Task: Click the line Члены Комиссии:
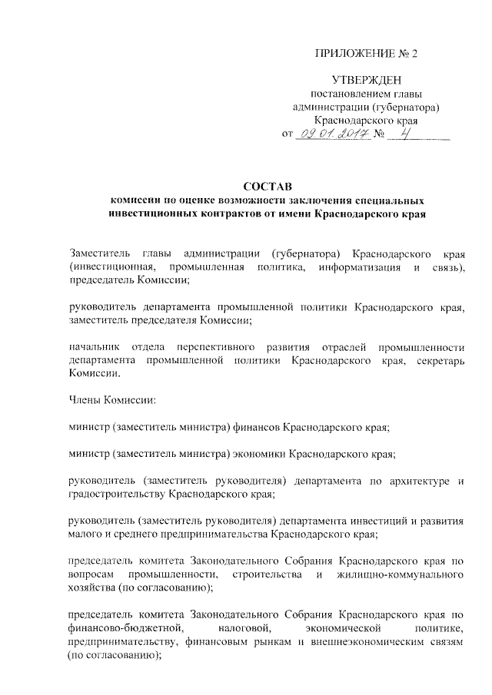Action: pyautogui.click(x=101, y=400)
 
